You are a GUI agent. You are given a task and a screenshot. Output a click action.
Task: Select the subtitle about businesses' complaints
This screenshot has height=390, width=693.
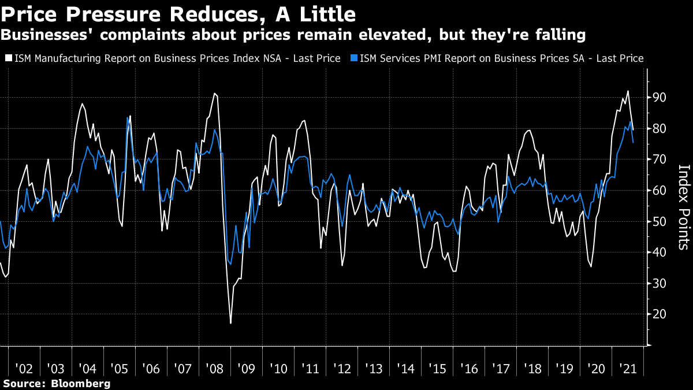point(293,35)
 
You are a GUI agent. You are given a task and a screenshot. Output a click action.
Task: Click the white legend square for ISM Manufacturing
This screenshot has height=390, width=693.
point(9,58)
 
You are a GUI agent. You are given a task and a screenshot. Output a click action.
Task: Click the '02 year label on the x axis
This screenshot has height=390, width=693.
point(24,368)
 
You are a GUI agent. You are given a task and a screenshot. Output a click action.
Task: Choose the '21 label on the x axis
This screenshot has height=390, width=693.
point(627,368)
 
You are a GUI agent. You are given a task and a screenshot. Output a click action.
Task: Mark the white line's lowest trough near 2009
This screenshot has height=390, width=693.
point(231,322)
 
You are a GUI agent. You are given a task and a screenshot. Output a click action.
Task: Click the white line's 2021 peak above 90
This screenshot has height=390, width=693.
point(628,91)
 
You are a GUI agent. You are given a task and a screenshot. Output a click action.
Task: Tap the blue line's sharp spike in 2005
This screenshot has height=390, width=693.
point(127,118)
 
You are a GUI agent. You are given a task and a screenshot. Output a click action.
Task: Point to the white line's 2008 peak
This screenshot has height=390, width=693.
point(214,93)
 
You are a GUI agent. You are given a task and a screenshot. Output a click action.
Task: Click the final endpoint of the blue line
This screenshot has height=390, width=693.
point(633,142)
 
